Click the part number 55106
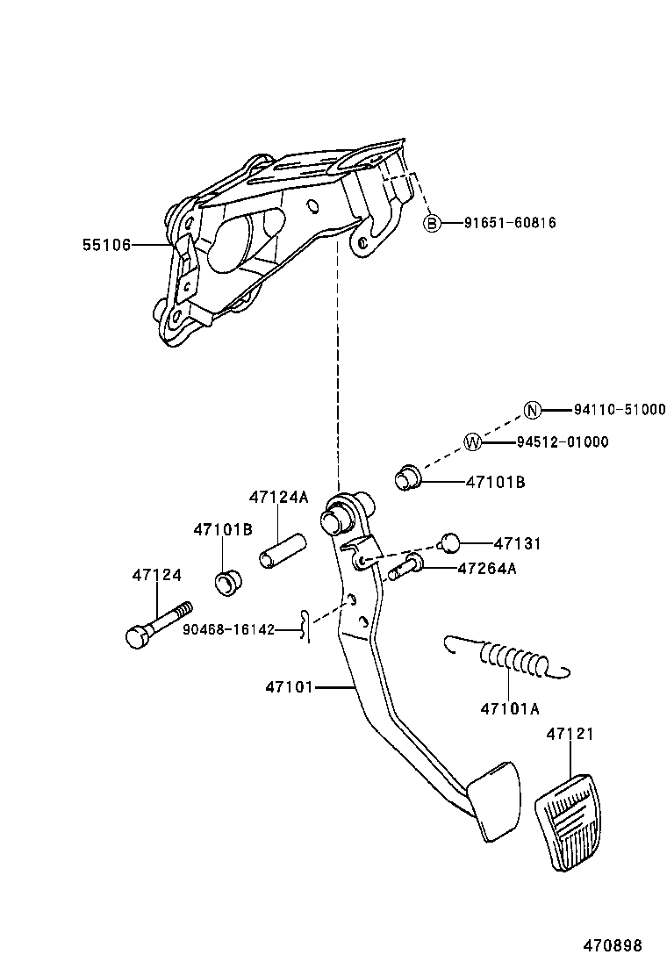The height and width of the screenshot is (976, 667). pos(106,245)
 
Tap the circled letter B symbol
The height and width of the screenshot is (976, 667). pos(432,223)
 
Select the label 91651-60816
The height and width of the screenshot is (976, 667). pos(510,223)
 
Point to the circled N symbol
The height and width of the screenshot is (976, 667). pos(531,410)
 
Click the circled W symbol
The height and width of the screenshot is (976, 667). pos(472,442)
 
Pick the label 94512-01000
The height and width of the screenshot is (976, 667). pos(562,442)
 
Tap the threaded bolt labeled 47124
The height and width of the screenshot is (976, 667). pos(158,624)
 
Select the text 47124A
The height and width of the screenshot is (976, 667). pos(278,497)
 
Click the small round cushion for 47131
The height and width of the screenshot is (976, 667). pos(449,542)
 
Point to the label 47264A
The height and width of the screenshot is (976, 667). pos(487,568)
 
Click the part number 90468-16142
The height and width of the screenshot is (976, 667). pos(229,629)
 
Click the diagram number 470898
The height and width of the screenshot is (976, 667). pos(613,945)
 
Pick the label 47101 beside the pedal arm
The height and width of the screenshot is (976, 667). pos(290,687)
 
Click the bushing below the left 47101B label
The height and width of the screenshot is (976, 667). pos(229,581)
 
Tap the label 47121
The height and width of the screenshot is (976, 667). pos(570,734)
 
